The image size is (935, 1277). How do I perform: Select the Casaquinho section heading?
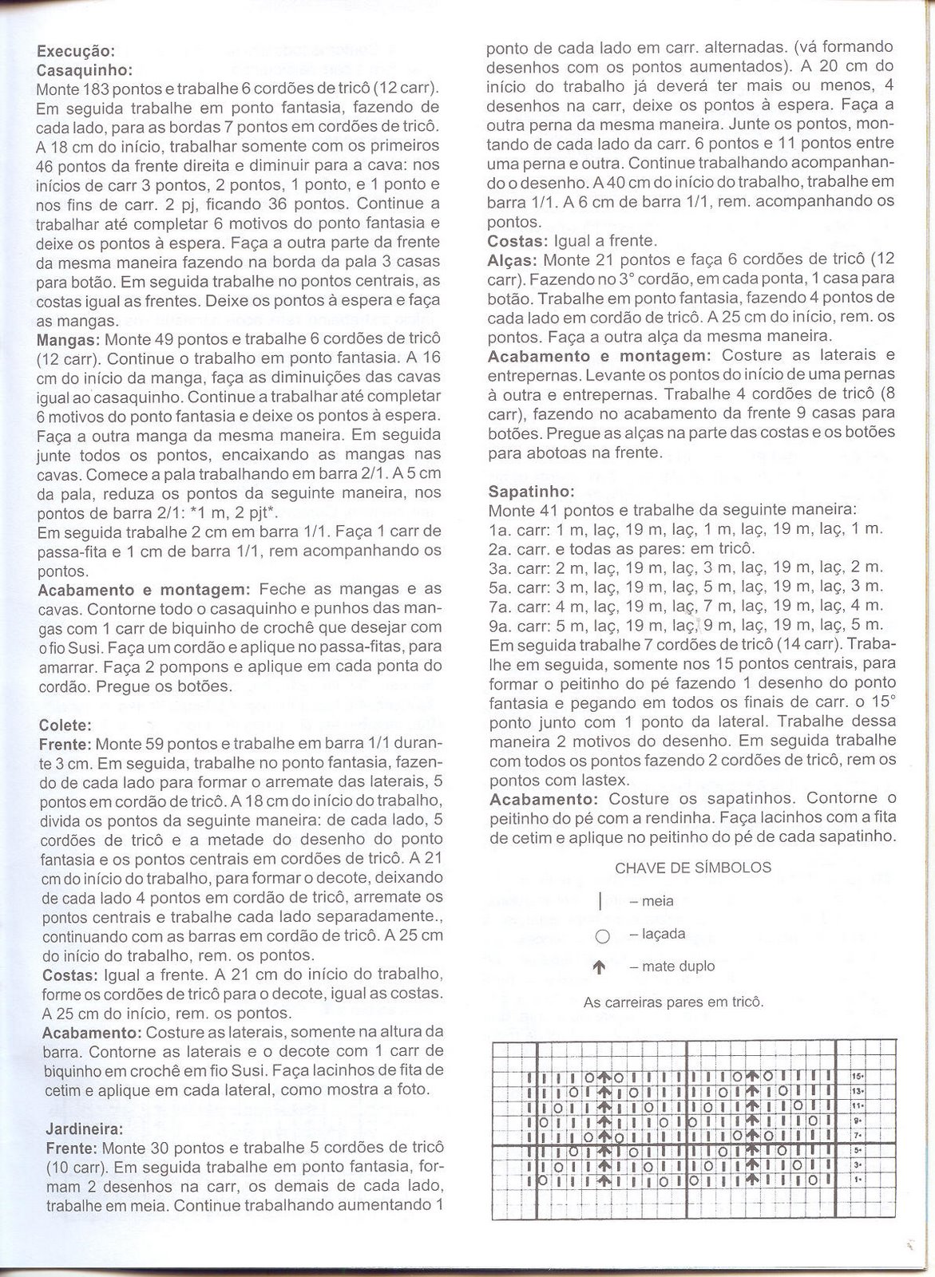tap(79, 69)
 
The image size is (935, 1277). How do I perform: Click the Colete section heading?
tap(59, 725)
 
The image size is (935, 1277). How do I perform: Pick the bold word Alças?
tap(512, 260)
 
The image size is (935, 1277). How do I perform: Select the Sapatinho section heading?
tap(524, 490)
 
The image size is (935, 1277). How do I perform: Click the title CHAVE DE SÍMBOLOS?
tap(693, 868)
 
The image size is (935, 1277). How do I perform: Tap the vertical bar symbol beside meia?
tap(600, 902)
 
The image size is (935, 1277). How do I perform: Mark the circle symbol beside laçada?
tap(603, 935)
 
